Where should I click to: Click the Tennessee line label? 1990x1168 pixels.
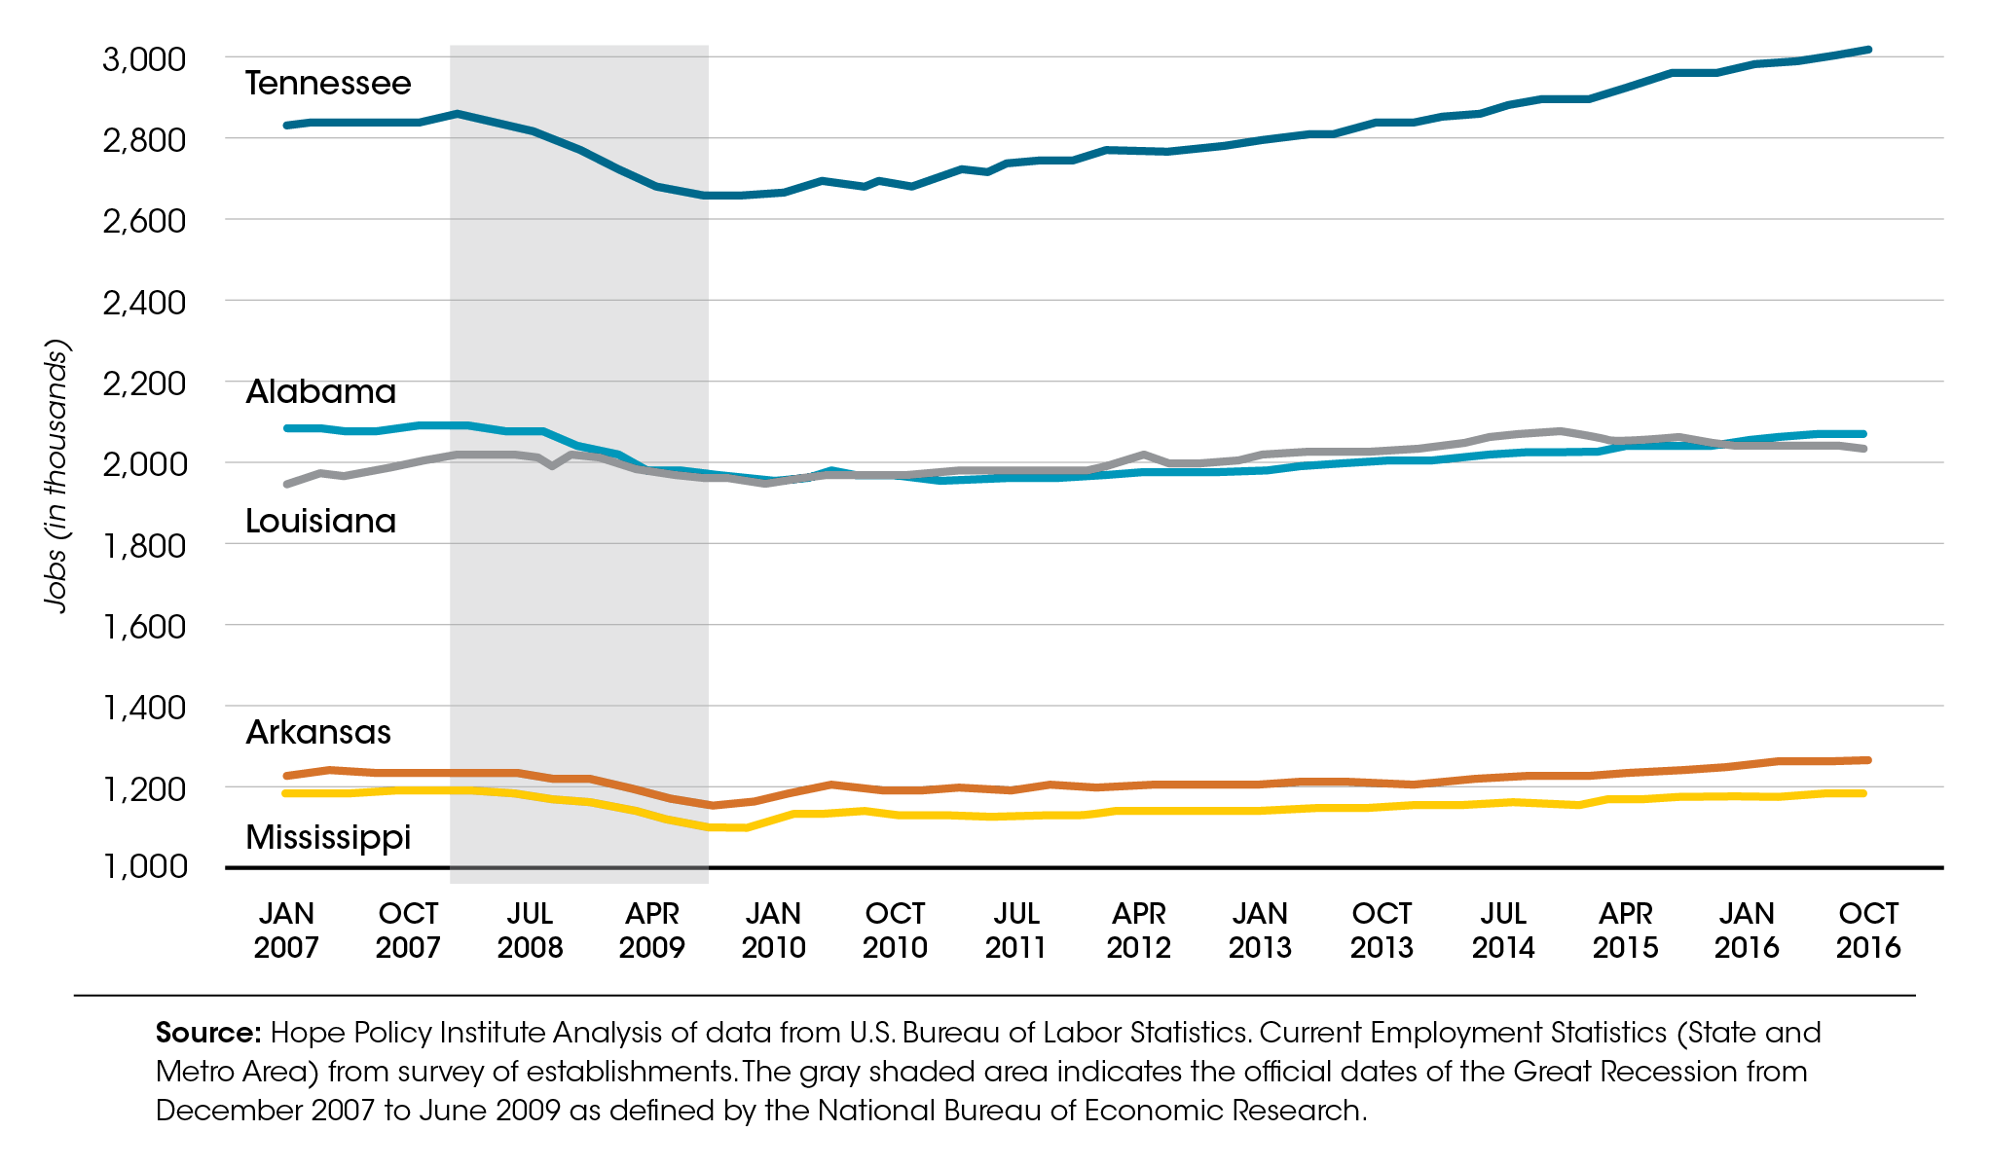coord(328,84)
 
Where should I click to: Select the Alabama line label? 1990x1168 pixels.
coord(320,392)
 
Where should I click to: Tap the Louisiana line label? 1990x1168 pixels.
coord(320,522)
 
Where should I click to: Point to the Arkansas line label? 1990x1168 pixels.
coord(318,732)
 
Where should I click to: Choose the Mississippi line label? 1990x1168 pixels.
coord(328,837)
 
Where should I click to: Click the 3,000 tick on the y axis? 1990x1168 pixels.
coord(144,59)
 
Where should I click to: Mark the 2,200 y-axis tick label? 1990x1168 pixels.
coord(144,383)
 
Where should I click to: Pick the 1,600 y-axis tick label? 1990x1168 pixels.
coord(144,626)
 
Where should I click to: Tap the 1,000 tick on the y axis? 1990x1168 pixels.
coord(144,865)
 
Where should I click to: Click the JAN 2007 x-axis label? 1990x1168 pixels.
coord(286,930)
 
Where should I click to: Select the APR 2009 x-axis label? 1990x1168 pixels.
coord(651,930)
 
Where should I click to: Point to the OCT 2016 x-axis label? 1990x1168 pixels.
coord(1867,930)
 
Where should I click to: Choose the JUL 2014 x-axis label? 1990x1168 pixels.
coord(1502,930)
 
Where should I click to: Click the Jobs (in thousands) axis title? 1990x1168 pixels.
coord(56,476)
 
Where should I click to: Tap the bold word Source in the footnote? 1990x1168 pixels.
coord(207,1033)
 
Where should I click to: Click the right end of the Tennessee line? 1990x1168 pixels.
coord(1867,50)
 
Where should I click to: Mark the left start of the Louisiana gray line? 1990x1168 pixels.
coord(287,484)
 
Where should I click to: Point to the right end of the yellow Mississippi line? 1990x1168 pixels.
coord(1862,793)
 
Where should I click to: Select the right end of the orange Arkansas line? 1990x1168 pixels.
coord(1866,760)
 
